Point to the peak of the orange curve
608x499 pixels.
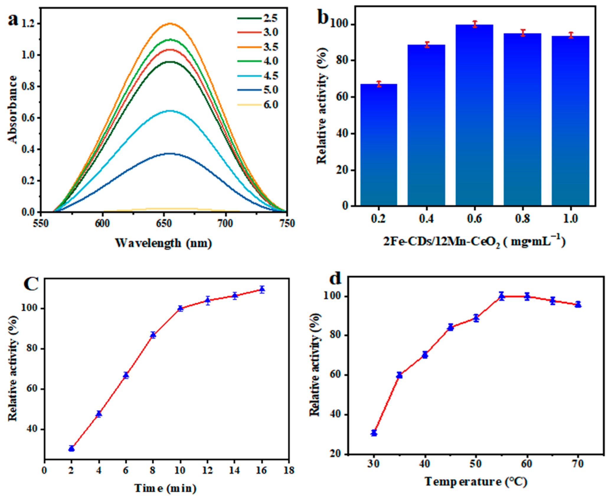coord(170,23)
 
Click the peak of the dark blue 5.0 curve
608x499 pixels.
coord(170,153)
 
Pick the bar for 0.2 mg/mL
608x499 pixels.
coord(379,145)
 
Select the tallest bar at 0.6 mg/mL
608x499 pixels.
coord(474,115)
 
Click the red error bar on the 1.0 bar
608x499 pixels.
coord(571,35)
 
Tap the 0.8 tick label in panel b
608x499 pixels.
coord(522,219)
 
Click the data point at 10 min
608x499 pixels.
coord(180,308)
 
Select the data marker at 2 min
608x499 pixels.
coord(71,448)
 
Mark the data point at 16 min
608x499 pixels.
coord(262,289)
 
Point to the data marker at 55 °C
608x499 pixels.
coord(501,296)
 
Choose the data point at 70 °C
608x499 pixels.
coord(578,304)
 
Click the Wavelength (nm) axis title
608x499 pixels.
coord(163,243)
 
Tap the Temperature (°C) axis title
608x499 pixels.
coord(475,482)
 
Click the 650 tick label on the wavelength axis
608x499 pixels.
coord(164,223)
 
